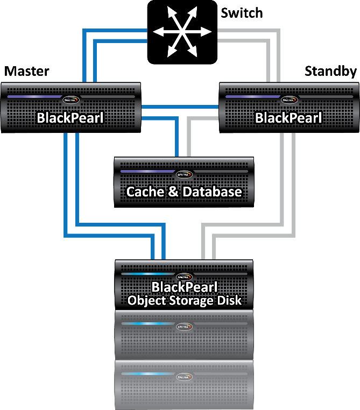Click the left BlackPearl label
(x=70, y=117)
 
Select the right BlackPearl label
(x=288, y=117)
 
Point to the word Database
(x=211, y=192)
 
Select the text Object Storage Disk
(x=185, y=300)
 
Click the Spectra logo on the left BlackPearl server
(x=70, y=100)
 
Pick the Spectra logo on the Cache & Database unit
(x=184, y=174)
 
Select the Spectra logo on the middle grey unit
(x=184, y=327)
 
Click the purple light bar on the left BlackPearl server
(x=34, y=97)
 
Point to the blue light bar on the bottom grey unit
(x=145, y=373)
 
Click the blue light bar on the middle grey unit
(x=145, y=324)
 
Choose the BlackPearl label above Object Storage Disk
(x=184, y=287)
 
